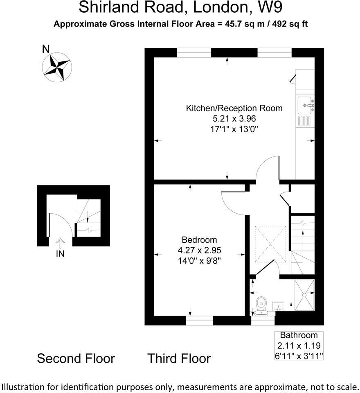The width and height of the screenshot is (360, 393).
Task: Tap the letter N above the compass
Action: coord(47,50)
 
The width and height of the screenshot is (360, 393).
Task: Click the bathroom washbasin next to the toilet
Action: coord(279,305)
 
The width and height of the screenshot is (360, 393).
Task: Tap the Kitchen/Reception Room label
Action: coord(234,108)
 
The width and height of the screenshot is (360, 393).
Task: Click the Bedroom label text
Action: coord(199,240)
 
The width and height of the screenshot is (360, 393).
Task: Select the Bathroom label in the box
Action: coord(299,335)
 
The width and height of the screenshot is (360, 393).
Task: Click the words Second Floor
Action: coord(76,359)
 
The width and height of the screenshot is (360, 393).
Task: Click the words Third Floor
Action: coord(179,359)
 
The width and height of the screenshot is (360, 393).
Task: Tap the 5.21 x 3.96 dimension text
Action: coord(234,119)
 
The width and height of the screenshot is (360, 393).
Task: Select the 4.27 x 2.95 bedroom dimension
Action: coord(199,250)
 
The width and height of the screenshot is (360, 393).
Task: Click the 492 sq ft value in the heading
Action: coord(288,24)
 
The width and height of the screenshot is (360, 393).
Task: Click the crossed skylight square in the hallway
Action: coord(270,244)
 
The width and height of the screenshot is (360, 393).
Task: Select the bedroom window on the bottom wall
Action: coord(200,321)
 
